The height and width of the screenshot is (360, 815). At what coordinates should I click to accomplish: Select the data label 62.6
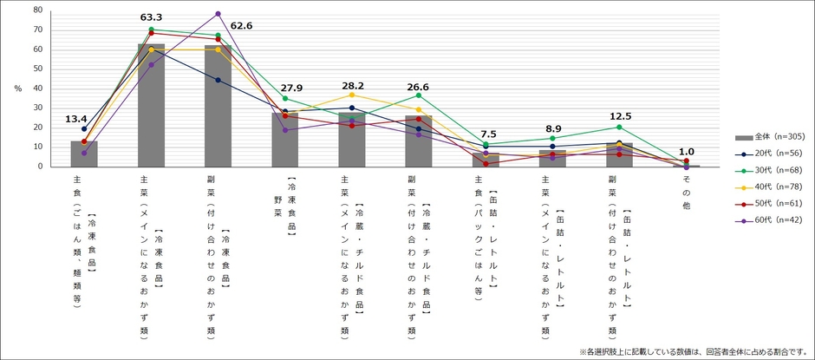click(x=241, y=26)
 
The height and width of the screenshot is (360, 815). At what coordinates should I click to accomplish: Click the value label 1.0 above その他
click(x=687, y=150)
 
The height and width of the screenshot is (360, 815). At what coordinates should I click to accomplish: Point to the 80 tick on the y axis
click(x=37, y=10)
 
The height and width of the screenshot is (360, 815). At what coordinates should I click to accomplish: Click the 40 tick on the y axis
click(x=37, y=88)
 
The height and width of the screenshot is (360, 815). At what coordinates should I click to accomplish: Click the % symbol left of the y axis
click(x=16, y=88)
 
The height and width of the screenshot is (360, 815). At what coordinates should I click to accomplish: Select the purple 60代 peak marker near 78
click(x=218, y=14)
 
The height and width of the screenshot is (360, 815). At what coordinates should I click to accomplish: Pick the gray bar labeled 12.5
click(x=619, y=154)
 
